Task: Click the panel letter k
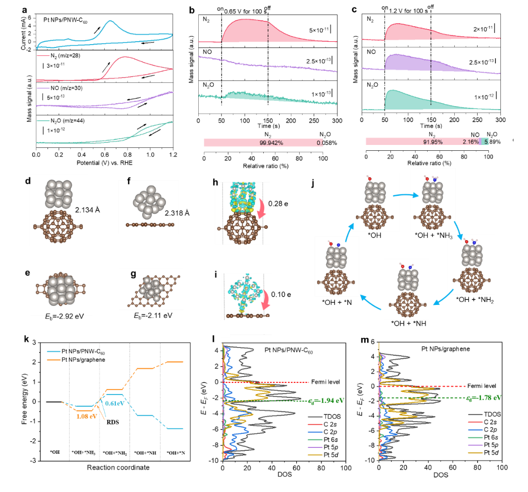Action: tap(26, 339)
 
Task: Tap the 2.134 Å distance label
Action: tap(88, 210)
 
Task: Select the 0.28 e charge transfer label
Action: tap(278, 204)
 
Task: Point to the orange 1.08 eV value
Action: tap(86, 416)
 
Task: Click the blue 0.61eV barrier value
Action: tap(115, 403)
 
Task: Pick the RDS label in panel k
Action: tap(113, 422)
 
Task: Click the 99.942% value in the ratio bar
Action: tap(271, 143)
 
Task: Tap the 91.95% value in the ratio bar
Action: tap(432, 142)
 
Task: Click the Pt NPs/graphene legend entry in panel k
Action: tap(76, 360)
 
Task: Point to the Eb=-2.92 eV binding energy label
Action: tap(64, 316)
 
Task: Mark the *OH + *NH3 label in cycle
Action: tap(434, 236)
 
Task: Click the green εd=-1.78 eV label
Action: tap(484, 397)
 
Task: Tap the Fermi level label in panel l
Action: tap(325, 382)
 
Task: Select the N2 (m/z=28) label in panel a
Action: tap(65, 56)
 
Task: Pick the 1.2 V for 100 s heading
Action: tap(408, 11)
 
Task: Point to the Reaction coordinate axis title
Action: tap(118, 467)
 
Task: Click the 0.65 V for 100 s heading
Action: tap(245, 12)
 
